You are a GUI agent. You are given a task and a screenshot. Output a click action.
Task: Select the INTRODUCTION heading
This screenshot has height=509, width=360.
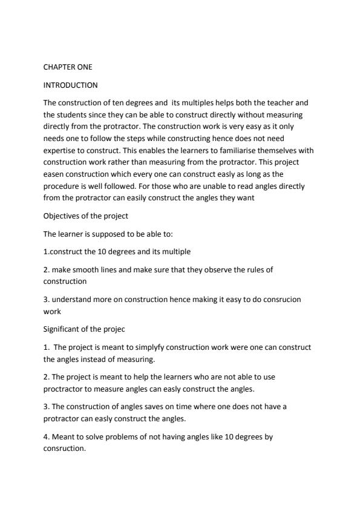coord(71,85)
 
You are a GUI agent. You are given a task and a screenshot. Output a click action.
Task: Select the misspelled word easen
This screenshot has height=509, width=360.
coord(55,174)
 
